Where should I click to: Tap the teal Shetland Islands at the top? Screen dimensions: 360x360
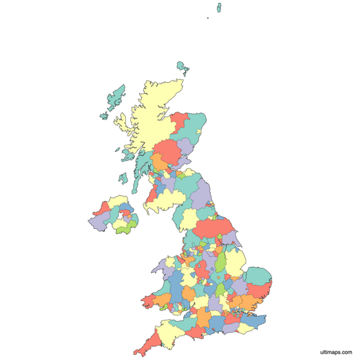[x=217, y=8]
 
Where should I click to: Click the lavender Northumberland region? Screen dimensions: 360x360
[x=203, y=192]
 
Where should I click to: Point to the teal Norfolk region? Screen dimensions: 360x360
[x=261, y=277]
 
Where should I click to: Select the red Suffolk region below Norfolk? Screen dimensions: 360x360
[x=264, y=292]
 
